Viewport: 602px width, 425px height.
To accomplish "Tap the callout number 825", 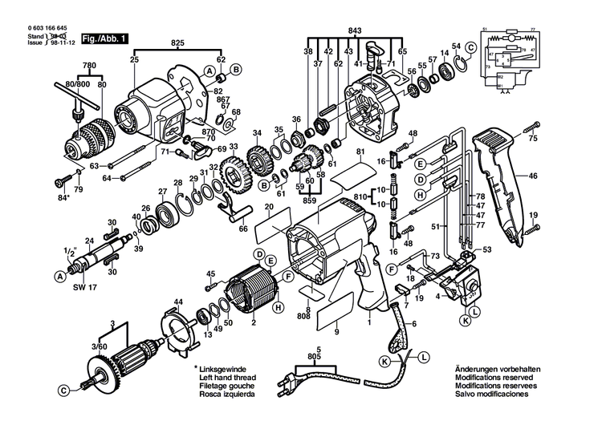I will coord(177,41).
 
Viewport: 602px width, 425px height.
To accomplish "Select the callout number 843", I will coord(355,31).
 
